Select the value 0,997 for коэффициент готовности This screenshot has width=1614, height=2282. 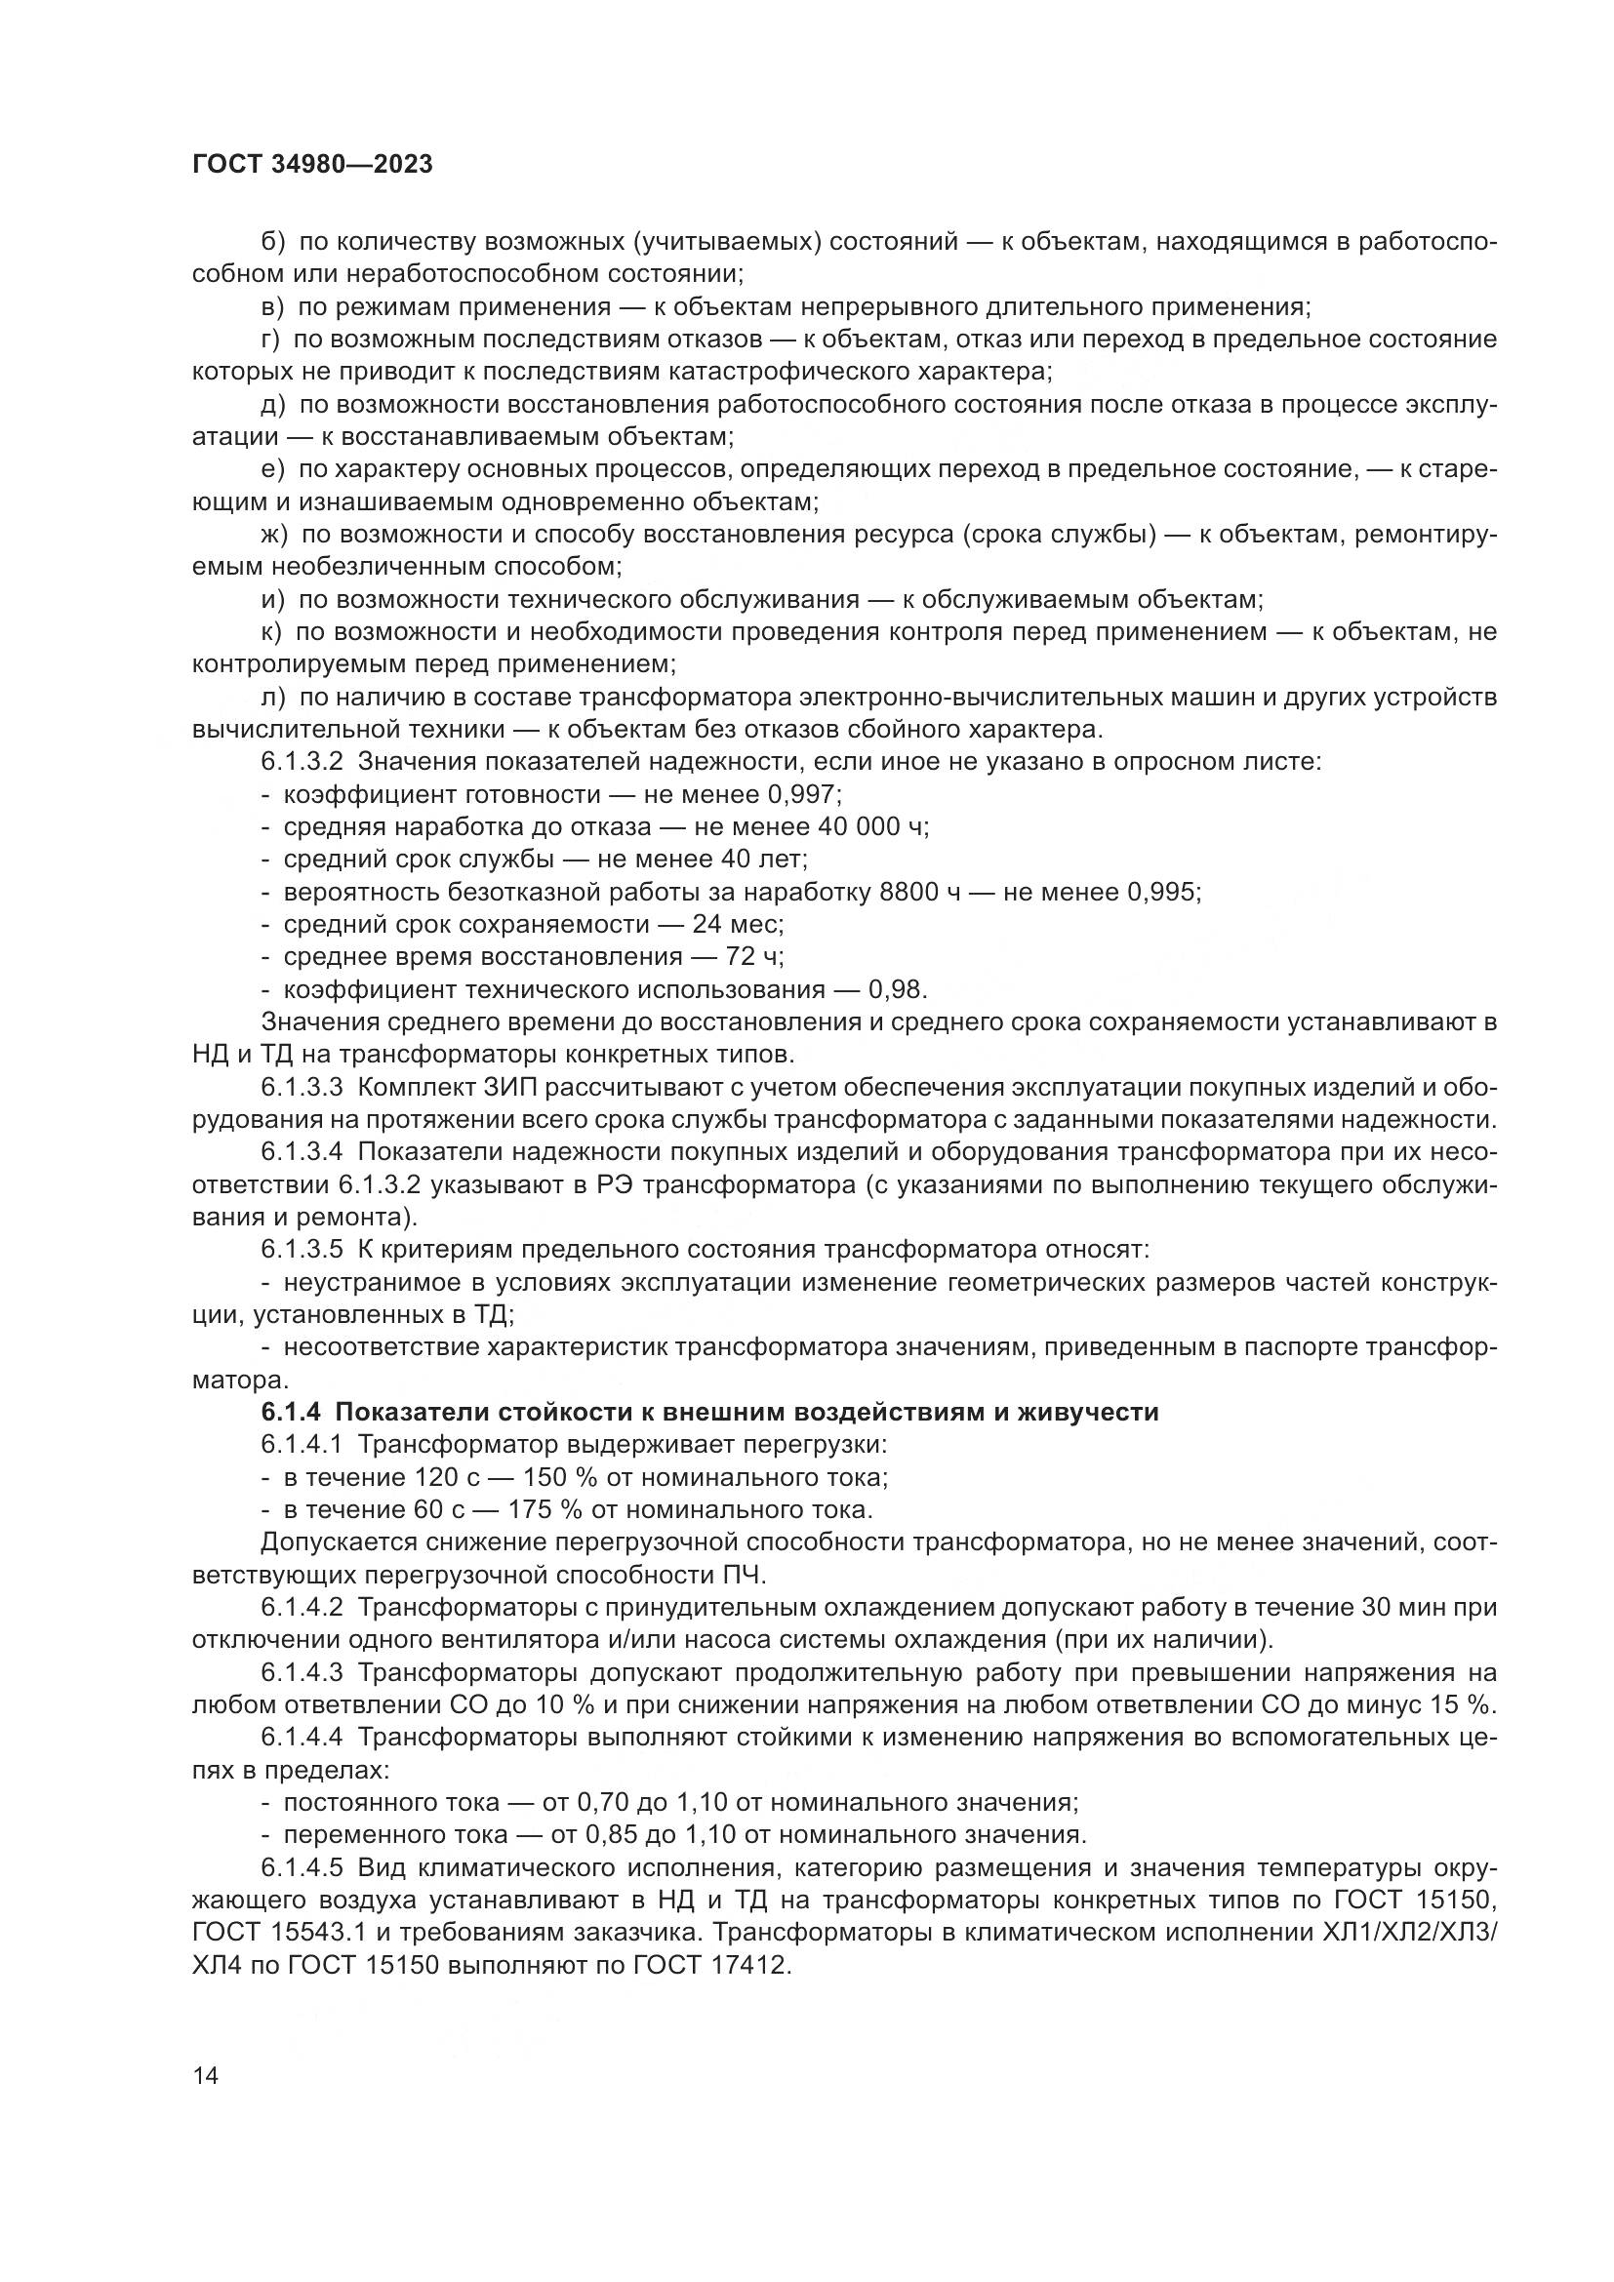(804, 794)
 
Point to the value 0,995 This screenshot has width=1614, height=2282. (1162, 892)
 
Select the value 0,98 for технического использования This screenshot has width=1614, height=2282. (896, 990)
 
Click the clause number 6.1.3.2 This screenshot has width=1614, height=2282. (303, 762)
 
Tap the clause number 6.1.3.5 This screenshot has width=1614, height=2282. (303, 1250)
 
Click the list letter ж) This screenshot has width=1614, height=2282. (273, 535)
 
